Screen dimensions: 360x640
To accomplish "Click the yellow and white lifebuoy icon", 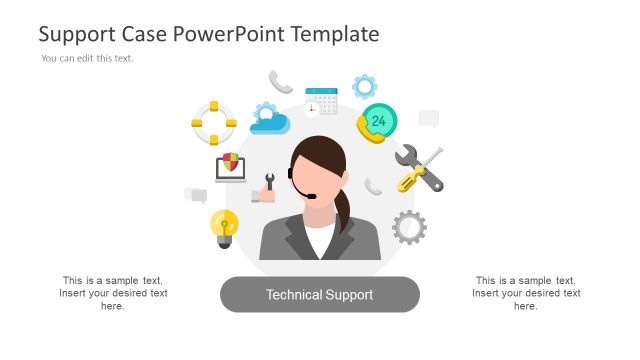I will click(213, 123).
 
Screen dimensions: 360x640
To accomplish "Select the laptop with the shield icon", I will click(230, 167).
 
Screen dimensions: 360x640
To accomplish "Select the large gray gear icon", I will click(409, 227).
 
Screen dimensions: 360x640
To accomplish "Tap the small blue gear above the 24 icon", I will click(364, 86).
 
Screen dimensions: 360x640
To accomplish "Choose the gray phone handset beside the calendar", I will click(281, 82).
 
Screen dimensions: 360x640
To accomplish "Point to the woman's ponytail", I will click(344, 213).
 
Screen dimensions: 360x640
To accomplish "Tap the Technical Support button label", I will click(319, 295).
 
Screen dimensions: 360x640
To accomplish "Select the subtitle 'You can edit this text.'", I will click(87, 58).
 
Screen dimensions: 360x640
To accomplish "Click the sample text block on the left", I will click(113, 293).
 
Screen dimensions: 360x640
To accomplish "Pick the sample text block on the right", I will click(526, 293).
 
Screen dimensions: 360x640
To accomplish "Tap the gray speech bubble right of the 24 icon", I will click(429, 119).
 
